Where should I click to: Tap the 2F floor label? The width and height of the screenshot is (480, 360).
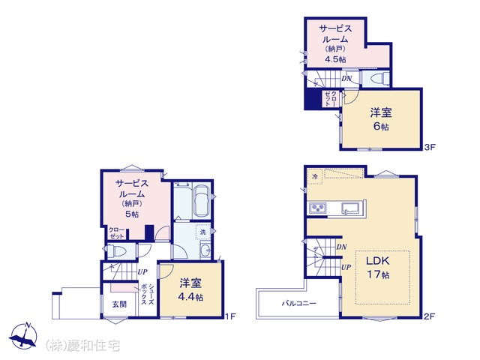point(429,316)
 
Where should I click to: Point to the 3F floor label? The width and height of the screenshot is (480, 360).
point(430,147)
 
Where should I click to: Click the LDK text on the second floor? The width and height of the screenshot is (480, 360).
point(378,261)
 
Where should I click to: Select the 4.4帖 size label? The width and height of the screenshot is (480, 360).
point(190,297)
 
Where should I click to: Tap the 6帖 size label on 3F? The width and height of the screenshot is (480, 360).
point(381,126)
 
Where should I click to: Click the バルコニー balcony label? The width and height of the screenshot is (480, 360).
point(298,303)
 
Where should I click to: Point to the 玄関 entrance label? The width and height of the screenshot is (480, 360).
point(119,304)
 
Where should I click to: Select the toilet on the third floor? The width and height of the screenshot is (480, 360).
point(379,79)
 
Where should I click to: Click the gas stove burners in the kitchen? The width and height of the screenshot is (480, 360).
point(318,208)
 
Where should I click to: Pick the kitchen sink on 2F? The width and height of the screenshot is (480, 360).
point(352,208)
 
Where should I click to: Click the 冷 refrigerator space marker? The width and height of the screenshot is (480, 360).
point(315,176)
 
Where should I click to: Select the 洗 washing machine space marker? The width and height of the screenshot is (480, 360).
point(203,232)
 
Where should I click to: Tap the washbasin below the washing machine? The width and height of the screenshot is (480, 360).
point(205,250)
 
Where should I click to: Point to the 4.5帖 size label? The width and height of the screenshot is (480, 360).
point(335,59)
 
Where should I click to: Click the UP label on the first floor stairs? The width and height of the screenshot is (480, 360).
point(142,271)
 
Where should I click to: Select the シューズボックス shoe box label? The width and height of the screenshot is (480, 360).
point(147,294)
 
